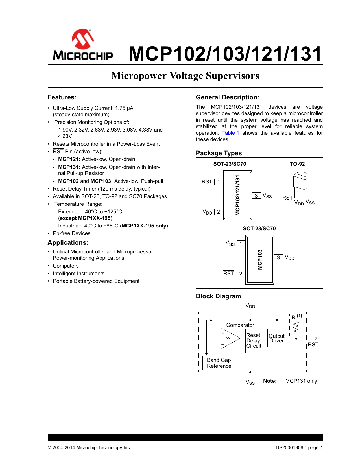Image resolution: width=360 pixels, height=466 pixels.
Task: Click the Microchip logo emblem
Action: [x=83, y=39]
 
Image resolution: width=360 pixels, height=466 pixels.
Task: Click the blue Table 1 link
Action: [x=231, y=133]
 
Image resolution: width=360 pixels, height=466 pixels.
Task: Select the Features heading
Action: [x=62, y=97]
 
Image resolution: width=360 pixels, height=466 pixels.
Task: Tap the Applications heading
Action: [x=68, y=243]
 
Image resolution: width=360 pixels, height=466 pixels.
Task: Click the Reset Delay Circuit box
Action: [x=254, y=341]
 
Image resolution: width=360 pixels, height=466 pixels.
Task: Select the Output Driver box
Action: [x=276, y=338]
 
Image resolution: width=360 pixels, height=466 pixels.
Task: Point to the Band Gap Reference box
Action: [x=219, y=363]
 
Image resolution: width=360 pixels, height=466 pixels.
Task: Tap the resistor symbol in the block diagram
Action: [x=296, y=327]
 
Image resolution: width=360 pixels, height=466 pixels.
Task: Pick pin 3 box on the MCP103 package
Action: [x=278, y=257]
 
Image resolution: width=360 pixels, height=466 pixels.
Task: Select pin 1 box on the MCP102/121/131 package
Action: [x=219, y=181]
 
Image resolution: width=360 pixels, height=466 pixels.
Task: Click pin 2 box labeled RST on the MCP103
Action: [x=241, y=274]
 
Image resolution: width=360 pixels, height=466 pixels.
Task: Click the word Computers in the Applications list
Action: [x=66, y=266]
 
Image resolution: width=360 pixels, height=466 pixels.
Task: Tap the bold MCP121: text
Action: [x=69, y=159]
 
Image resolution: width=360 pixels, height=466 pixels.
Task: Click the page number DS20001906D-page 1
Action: [x=299, y=447]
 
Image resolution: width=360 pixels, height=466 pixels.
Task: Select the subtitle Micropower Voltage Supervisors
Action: [x=185, y=76]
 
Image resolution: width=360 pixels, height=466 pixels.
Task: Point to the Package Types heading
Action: [x=219, y=153]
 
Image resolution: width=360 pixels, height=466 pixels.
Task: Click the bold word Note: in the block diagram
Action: [x=270, y=381]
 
